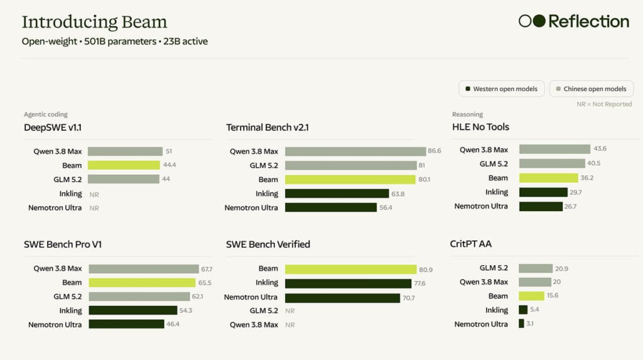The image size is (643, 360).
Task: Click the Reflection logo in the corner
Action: tap(574, 21)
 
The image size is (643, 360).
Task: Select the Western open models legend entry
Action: tap(502, 89)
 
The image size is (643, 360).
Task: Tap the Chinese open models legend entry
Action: tap(592, 89)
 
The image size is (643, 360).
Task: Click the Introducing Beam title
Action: tap(94, 22)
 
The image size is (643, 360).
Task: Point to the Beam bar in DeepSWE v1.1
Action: tap(124, 165)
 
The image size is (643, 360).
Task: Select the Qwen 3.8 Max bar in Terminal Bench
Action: tap(355, 151)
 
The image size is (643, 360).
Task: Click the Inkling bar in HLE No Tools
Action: tap(543, 192)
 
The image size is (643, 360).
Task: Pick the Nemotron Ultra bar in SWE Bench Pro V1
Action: tap(126, 324)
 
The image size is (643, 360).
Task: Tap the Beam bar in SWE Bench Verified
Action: tap(350, 269)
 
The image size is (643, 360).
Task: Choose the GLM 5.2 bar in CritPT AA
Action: tap(536, 268)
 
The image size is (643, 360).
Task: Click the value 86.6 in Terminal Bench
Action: tap(435, 151)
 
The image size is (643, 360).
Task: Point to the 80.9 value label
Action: tap(426, 270)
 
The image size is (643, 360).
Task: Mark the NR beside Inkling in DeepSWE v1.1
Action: tap(94, 195)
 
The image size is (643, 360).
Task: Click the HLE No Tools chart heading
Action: tap(480, 127)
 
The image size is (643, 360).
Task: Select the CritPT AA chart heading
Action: tap(471, 244)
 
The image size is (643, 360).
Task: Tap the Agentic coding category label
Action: tap(45, 114)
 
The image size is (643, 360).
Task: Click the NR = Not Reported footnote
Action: tap(604, 104)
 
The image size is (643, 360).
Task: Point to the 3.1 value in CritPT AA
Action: tap(530, 324)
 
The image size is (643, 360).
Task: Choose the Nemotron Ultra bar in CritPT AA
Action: tap(521, 324)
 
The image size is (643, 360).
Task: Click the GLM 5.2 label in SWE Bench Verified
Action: tap(264, 311)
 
